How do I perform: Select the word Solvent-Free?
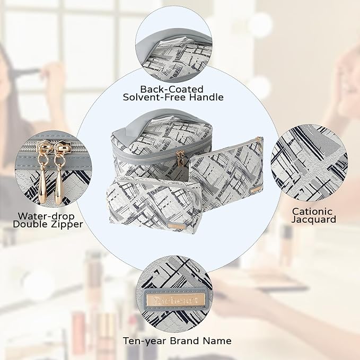click(x=154, y=98)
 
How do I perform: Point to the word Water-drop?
click(x=45, y=216)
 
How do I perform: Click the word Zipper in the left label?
click(x=65, y=224)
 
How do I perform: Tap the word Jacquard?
click(x=314, y=219)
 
